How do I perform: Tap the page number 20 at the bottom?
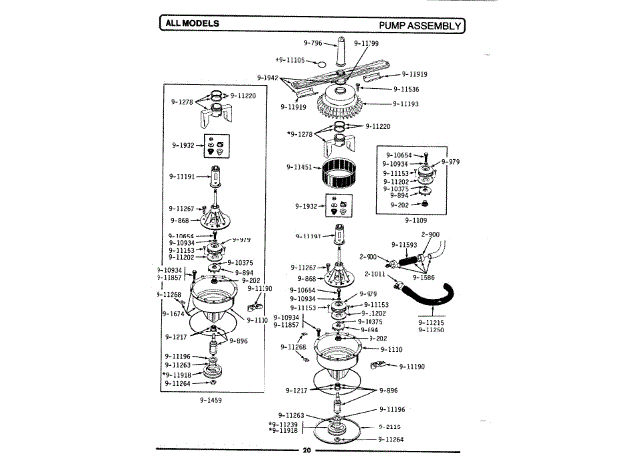point(307,451)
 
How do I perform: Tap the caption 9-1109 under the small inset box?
point(416,219)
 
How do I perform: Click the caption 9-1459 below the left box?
point(210,400)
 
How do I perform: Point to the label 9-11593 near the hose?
point(406,244)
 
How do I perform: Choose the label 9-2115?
point(390,427)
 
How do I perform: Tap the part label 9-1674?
point(174,313)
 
